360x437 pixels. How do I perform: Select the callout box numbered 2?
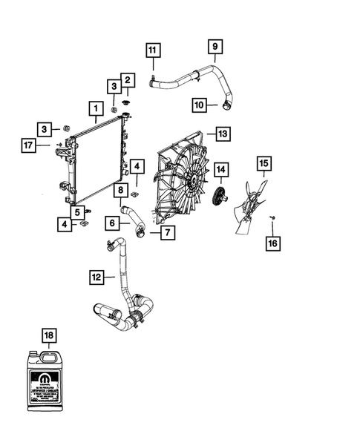[x=127, y=80]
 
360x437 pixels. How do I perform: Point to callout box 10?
[x=200, y=105]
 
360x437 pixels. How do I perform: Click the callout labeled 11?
[x=151, y=51]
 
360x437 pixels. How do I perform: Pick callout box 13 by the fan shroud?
[x=223, y=134]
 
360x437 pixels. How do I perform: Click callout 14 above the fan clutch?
[x=220, y=171]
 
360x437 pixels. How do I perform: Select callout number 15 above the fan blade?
[x=263, y=162]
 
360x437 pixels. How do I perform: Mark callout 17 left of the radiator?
[x=29, y=145]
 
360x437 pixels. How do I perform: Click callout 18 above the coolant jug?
[x=48, y=337]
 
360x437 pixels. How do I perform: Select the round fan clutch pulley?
[x=219, y=197]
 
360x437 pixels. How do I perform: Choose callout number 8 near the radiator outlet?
[x=119, y=191]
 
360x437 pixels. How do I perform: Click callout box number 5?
[x=77, y=211]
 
